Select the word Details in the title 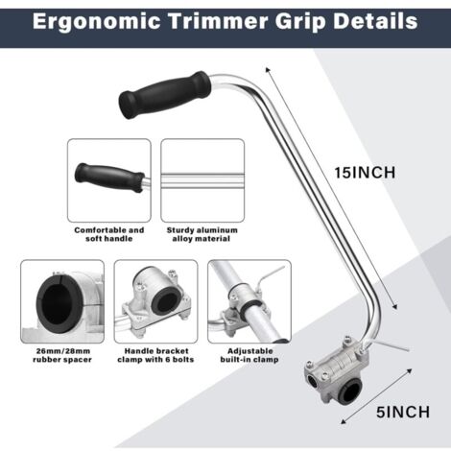click(x=375, y=20)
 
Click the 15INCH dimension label click(x=364, y=173)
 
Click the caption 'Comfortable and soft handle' click(x=108, y=236)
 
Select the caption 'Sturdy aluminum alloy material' click(x=201, y=236)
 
